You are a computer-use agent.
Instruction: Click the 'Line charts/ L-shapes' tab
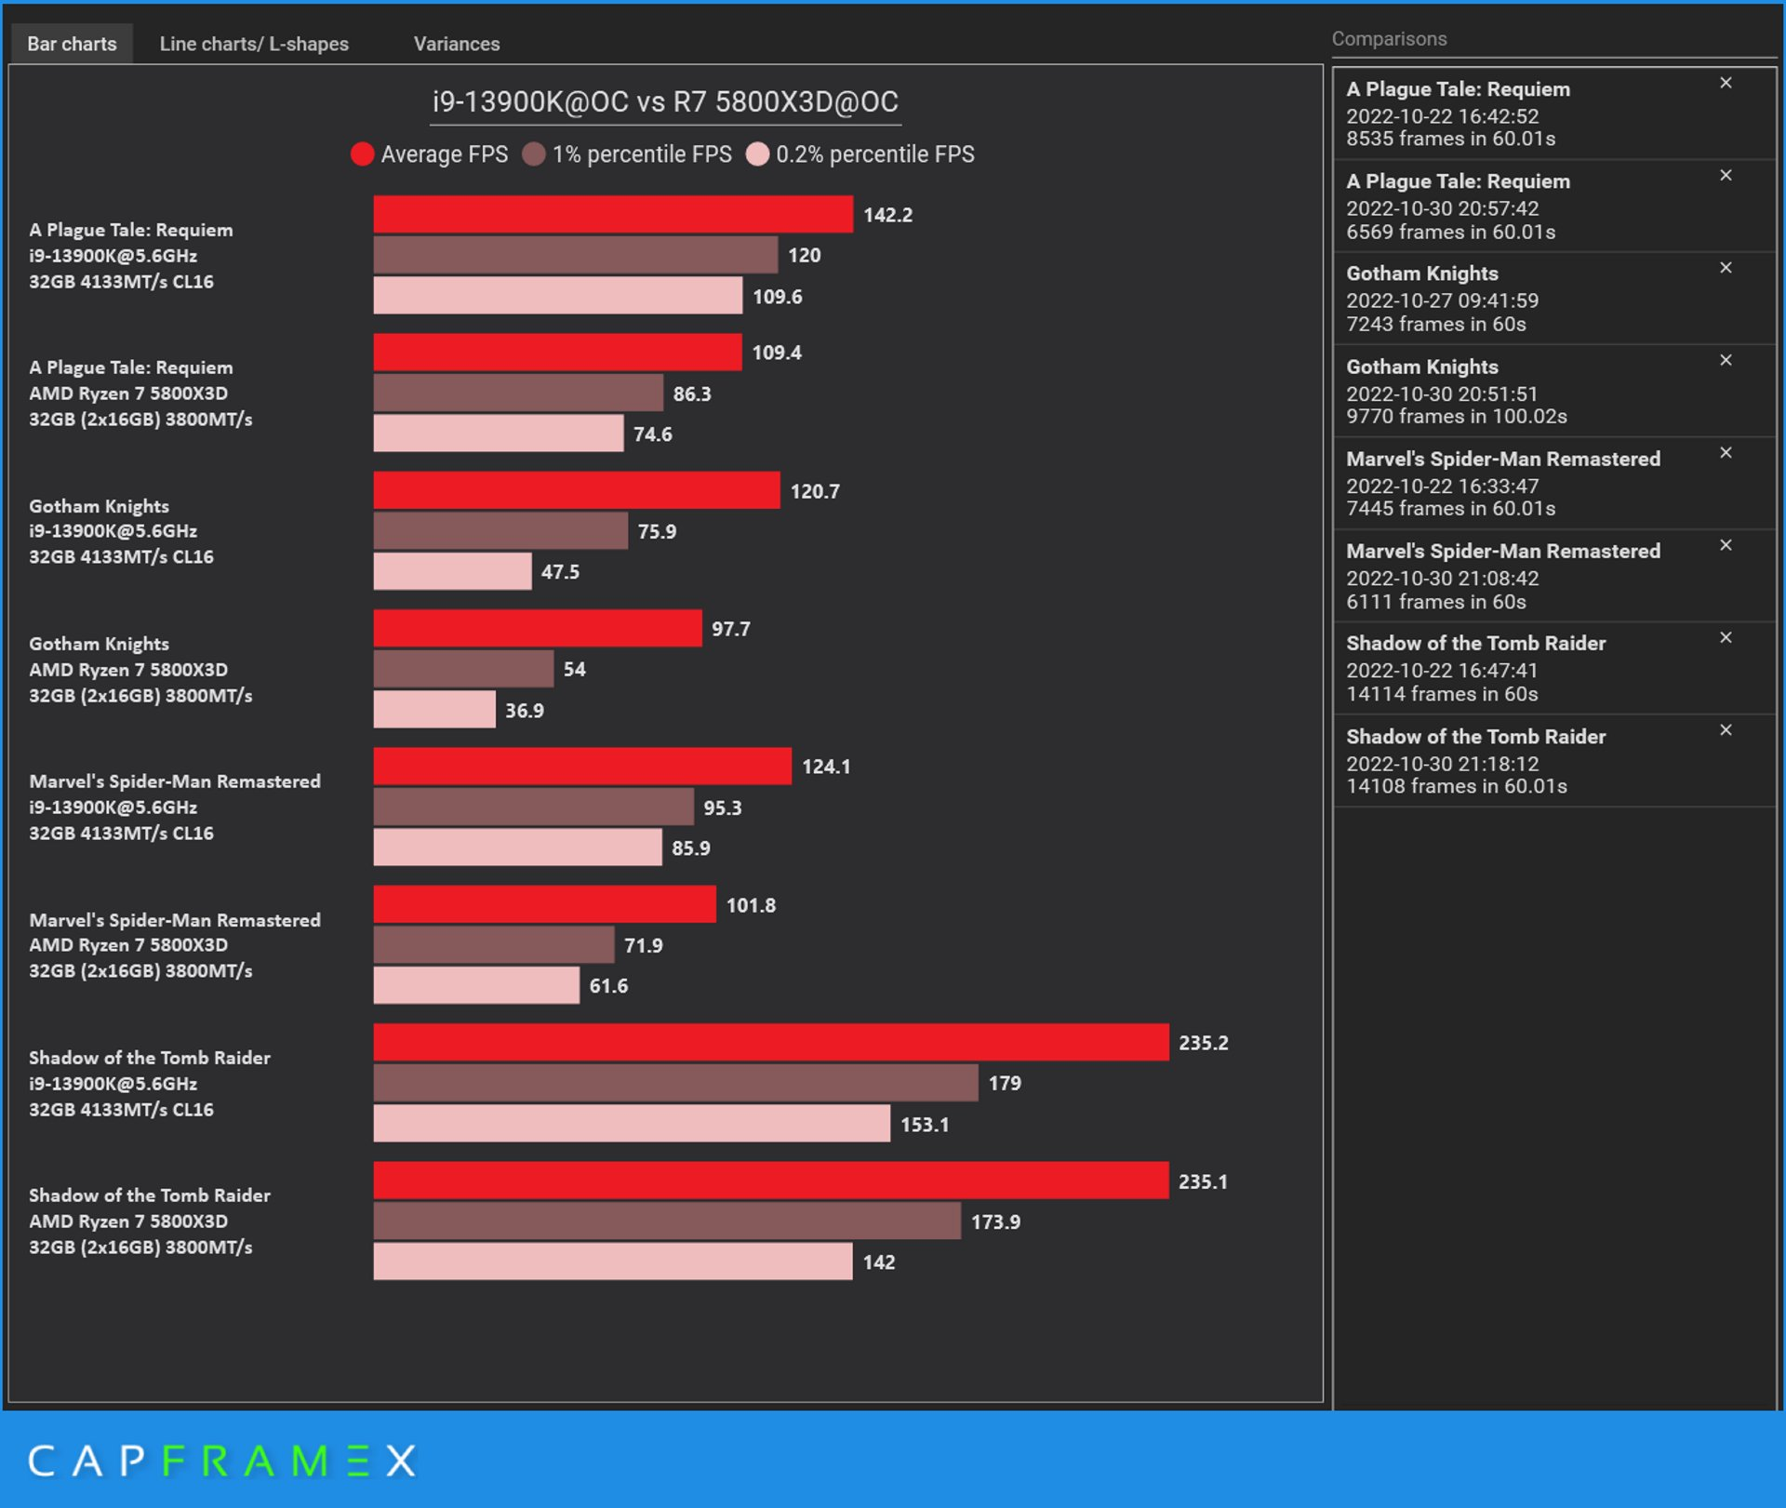[254, 44]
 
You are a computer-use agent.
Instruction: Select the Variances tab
[456, 44]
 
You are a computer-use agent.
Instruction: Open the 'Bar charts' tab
[72, 44]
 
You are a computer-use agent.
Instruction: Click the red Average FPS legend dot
[362, 154]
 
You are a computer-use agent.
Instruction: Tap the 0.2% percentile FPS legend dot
[757, 154]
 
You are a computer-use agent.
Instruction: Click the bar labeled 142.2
[613, 214]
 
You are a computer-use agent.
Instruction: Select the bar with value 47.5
[452, 571]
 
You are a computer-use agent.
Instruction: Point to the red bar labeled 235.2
[771, 1042]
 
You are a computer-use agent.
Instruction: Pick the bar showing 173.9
[667, 1221]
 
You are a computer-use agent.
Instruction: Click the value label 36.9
[525, 711]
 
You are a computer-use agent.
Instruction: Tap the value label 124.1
[826, 767]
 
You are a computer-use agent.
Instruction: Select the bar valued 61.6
[476, 985]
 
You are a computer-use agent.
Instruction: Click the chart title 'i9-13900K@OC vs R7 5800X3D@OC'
[665, 101]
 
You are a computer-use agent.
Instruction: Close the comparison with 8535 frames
[1726, 84]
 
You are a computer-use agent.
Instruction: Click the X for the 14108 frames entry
[1726, 730]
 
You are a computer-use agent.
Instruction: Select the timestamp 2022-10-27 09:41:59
[1442, 300]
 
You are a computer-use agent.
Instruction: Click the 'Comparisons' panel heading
[1389, 39]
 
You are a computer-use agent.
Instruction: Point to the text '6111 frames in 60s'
[1436, 602]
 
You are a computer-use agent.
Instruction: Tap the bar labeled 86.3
[518, 393]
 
